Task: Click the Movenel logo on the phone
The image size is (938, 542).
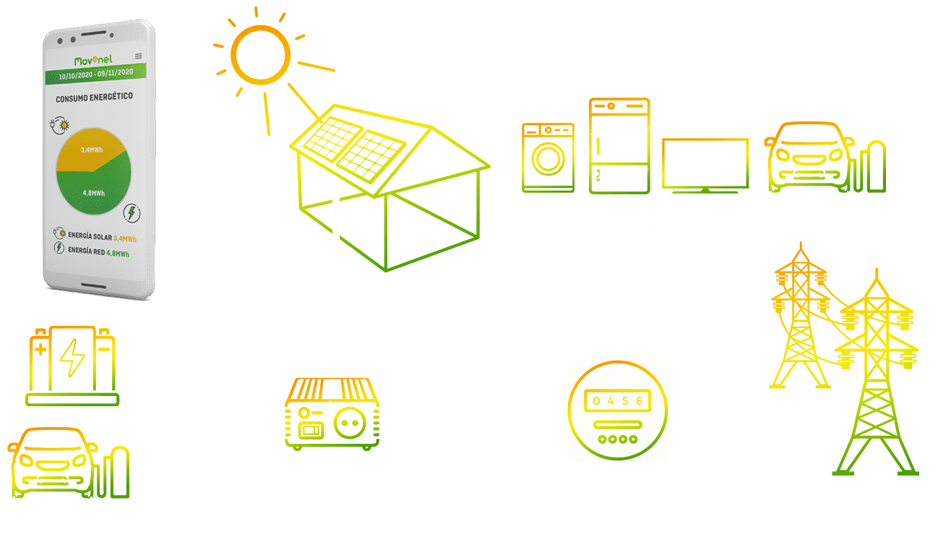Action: (x=97, y=60)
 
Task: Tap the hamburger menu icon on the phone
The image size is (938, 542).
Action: (x=139, y=56)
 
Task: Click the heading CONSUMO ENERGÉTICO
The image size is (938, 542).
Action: (x=94, y=97)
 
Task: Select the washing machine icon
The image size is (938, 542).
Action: (x=548, y=157)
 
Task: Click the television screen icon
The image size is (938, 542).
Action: (x=705, y=164)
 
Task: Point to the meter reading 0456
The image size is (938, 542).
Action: (x=617, y=402)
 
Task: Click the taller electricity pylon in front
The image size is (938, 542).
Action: (x=875, y=376)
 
